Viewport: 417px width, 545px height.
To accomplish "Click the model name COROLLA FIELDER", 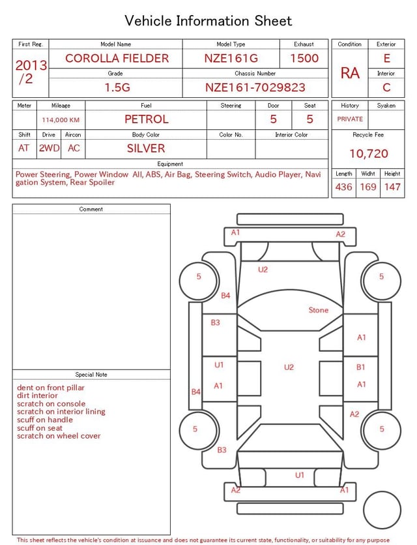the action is (x=117, y=58).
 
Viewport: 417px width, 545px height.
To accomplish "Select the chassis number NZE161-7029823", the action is (x=255, y=87).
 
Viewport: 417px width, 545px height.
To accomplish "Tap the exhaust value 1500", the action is (x=304, y=58).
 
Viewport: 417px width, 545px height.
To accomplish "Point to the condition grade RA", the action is (x=350, y=73).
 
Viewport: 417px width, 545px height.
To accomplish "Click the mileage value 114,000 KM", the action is (x=61, y=120).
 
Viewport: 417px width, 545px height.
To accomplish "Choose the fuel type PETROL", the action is (x=147, y=119).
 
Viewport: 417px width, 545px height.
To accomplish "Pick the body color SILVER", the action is (x=146, y=148).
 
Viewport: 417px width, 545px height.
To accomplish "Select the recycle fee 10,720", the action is (x=368, y=153).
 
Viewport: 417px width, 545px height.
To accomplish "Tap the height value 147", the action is (x=392, y=187).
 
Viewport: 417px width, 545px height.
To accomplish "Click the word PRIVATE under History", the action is (x=350, y=119).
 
